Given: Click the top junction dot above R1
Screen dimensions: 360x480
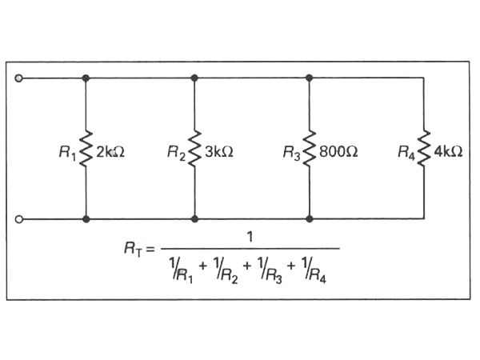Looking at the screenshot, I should point(86,78).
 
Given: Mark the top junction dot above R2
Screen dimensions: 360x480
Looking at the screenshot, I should point(195,78).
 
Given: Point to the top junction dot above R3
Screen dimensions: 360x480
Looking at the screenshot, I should point(310,78).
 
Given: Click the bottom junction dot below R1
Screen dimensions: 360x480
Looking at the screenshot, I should point(86,218).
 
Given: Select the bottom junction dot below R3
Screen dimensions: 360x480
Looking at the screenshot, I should point(310,218).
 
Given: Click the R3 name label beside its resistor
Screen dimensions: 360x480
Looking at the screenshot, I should point(293,151).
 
